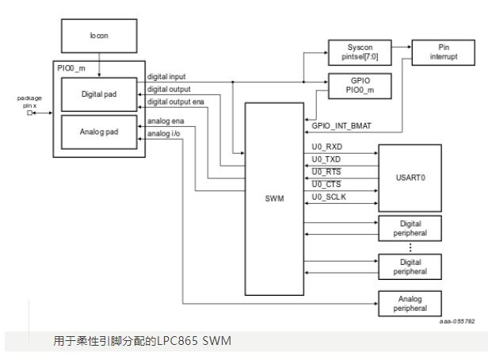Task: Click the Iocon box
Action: click(x=99, y=36)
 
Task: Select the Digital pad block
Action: click(x=100, y=92)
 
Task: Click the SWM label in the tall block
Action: click(x=273, y=199)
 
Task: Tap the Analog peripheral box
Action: click(x=407, y=303)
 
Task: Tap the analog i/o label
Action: click(x=164, y=132)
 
